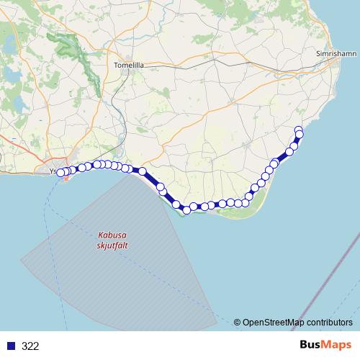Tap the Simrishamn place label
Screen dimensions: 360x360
(x=337, y=54)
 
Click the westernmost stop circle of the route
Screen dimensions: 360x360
(x=61, y=172)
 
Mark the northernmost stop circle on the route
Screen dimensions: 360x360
(x=299, y=130)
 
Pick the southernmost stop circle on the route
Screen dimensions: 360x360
(x=186, y=210)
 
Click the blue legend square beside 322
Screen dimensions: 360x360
(x=11, y=346)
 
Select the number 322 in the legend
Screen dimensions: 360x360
(x=30, y=346)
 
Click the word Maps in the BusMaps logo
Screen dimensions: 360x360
(x=338, y=346)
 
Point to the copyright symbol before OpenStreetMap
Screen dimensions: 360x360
(x=238, y=323)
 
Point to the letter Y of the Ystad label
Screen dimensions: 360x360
(x=53, y=171)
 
